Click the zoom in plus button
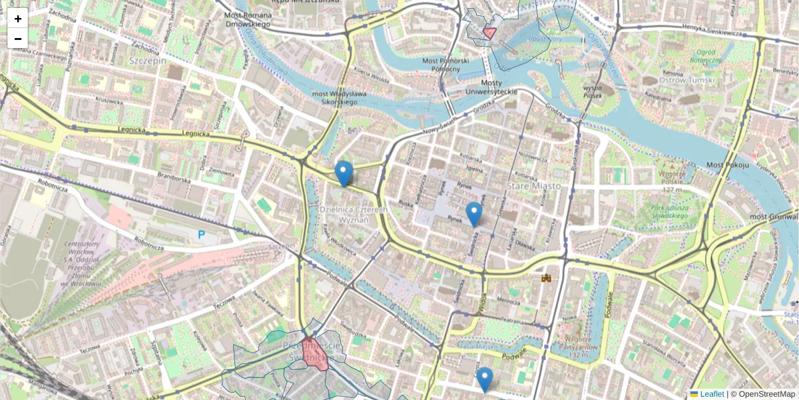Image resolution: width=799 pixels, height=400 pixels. point(18,19)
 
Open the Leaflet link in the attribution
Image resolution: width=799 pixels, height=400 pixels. point(712,394)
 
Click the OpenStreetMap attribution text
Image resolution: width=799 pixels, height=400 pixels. point(766,394)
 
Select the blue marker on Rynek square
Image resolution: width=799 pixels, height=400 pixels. point(473,214)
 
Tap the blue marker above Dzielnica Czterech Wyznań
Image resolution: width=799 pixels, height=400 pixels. point(344,173)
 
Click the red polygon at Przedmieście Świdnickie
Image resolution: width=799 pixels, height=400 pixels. point(314,354)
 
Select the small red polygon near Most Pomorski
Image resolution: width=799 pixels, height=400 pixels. point(489,33)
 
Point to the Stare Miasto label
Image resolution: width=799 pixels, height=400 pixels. point(533,186)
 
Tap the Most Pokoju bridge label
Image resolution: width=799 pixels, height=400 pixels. point(728,165)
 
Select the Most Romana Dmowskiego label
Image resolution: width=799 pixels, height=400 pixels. point(248,19)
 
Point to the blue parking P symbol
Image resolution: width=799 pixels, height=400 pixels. point(202,235)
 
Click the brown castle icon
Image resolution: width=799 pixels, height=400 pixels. point(547,278)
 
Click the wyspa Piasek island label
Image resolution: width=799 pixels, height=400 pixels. point(593,91)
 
